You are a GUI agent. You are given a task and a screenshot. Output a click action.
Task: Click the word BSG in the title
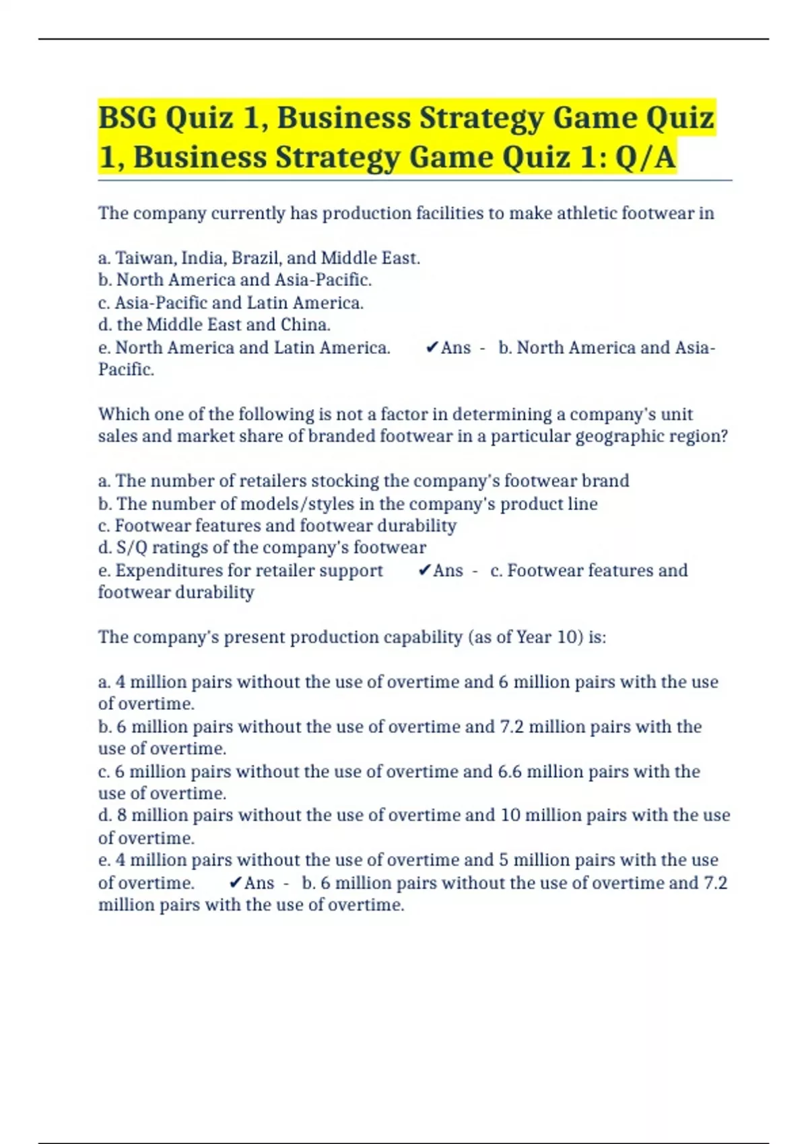coord(127,118)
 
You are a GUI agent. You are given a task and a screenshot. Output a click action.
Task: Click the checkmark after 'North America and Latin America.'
coord(432,347)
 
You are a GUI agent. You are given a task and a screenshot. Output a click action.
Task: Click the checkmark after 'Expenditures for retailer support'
coord(424,570)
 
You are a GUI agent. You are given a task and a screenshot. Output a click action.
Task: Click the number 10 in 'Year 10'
coord(566,637)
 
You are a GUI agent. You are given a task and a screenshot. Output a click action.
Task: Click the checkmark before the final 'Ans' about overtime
coord(235,882)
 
